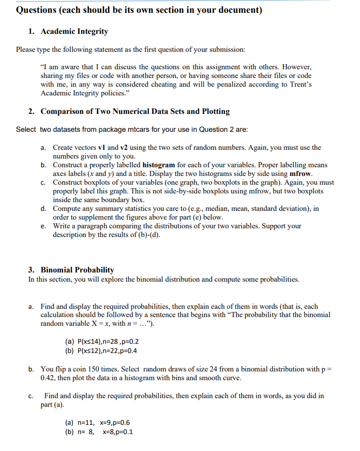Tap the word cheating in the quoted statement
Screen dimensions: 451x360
(162, 84)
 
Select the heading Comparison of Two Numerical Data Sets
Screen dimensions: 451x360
(135, 111)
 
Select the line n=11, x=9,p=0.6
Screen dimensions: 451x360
(97, 422)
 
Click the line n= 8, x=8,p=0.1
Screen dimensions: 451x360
(97, 432)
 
